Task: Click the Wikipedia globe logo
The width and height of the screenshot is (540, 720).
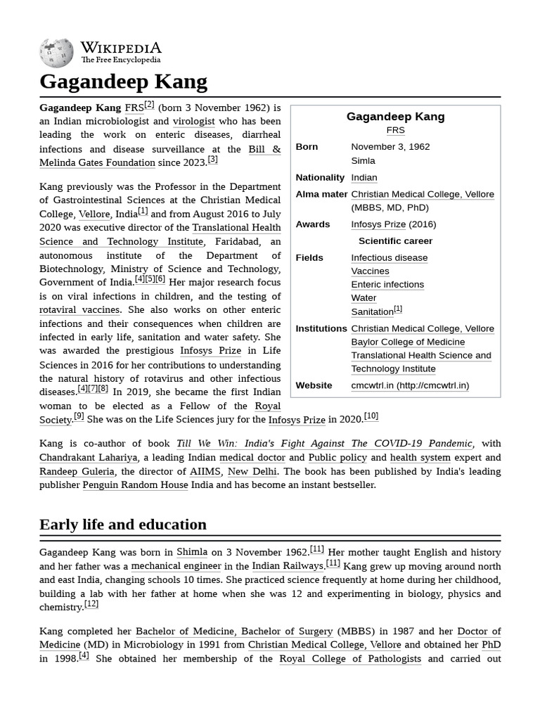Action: [x=56, y=53]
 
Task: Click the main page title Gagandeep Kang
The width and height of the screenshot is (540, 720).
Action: [x=123, y=82]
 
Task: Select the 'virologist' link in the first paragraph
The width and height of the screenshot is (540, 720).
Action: [x=193, y=121]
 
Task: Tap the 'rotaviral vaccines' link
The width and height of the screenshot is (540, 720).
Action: [x=80, y=310]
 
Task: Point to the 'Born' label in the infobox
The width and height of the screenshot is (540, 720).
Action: [x=307, y=147]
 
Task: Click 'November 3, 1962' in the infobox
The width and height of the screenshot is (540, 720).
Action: [x=390, y=147]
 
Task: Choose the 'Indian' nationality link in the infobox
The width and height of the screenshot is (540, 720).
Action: [x=364, y=178]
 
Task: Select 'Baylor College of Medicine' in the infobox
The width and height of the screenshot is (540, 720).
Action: [x=408, y=342]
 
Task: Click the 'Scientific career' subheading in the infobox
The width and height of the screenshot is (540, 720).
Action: [x=395, y=241]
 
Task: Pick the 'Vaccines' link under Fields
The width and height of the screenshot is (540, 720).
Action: [x=370, y=271]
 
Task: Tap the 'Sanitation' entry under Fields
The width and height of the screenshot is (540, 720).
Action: [x=372, y=311]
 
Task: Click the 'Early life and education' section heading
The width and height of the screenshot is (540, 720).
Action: [x=123, y=525]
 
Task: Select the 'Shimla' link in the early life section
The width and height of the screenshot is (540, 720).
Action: [x=192, y=553]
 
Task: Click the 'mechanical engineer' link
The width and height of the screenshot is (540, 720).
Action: [x=176, y=566]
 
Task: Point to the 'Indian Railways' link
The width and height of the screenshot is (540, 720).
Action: [x=288, y=566]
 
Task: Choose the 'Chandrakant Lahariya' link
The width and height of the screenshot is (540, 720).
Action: [x=88, y=458]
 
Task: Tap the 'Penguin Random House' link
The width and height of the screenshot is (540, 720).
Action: [x=135, y=485]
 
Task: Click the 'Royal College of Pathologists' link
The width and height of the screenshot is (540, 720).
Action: [x=350, y=659]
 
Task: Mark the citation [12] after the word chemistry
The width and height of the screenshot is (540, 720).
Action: [x=91, y=604]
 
